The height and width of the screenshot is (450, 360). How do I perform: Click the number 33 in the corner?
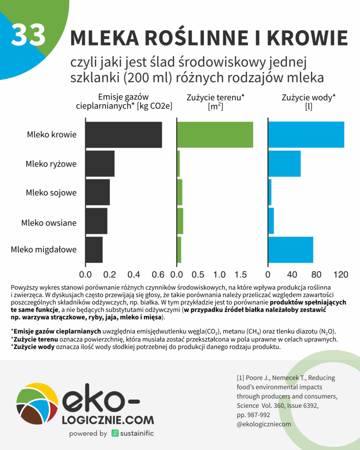29,35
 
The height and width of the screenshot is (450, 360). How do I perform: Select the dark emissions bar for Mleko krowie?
124,135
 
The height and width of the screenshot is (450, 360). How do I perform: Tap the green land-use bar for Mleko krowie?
215,135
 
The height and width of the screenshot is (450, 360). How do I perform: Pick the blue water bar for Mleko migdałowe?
291,250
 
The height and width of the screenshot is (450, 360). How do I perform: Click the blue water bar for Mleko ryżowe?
284,164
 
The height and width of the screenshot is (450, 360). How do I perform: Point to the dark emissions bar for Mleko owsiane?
96,221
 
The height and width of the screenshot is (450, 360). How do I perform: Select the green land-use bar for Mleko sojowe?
180,192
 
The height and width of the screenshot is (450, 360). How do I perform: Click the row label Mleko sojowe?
51,192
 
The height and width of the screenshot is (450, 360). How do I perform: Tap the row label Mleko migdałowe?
44,250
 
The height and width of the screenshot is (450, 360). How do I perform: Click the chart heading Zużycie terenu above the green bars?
215,98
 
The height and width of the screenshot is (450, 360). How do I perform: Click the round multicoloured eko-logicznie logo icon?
36,405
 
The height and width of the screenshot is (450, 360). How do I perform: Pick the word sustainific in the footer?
135,433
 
